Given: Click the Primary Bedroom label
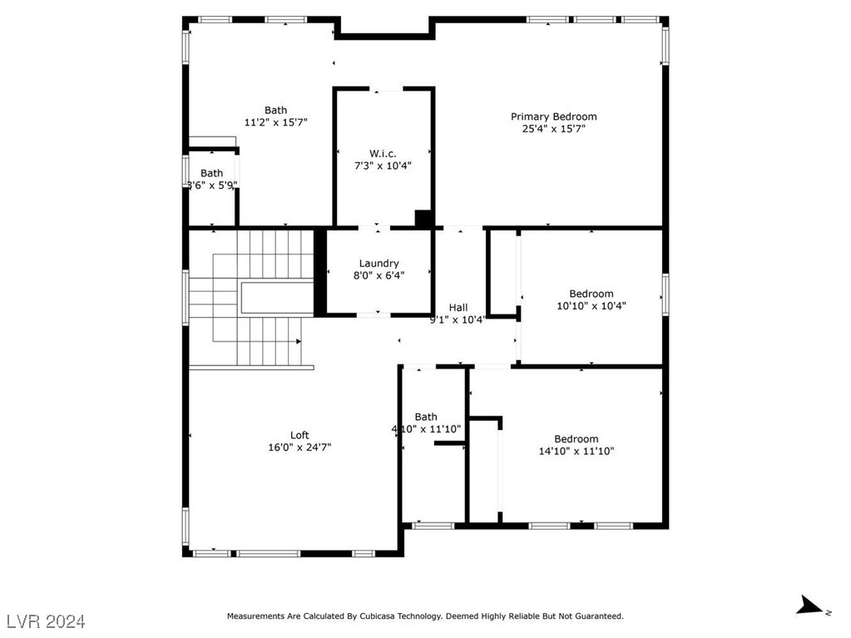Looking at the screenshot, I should [553, 116].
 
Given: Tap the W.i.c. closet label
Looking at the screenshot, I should [383, 153].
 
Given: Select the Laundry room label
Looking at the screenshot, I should [378, 263].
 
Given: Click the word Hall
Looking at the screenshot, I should [458, 307].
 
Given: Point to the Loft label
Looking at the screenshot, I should [299, 435].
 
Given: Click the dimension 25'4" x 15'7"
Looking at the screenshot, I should [553, 129].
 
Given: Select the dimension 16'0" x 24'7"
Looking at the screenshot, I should [299, 448].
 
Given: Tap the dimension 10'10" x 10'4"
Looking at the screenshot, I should [591, 306].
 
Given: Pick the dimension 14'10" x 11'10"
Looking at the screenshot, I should [576, 452].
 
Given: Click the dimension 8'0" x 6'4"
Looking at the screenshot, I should [378, 275].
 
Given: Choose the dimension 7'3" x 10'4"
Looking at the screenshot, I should [383, 166].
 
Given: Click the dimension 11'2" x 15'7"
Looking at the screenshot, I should [276, 122].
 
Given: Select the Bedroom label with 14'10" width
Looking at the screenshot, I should [576, 439].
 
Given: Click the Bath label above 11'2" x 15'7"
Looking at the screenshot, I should [276, 110].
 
